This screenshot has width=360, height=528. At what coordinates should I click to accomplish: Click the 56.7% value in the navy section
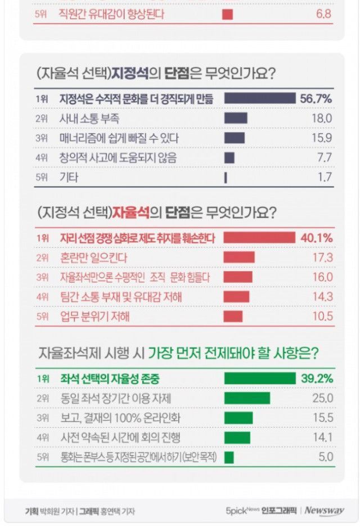316,98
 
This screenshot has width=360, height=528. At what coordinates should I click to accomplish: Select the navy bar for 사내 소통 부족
236,118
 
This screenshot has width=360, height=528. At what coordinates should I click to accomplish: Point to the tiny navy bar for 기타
226,178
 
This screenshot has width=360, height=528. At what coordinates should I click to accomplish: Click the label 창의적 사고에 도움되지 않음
118,158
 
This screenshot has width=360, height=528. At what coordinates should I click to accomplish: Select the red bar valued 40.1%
259,238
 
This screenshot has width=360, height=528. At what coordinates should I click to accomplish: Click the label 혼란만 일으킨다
93,258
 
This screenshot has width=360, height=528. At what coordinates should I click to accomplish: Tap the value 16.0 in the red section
323,277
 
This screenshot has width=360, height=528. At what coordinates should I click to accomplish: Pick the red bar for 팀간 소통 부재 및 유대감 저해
237,297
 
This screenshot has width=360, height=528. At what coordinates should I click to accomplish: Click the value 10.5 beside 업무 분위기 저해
323,317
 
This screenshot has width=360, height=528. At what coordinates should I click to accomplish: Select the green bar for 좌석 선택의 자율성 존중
259,378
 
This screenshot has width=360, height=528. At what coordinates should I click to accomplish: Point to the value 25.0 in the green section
323,398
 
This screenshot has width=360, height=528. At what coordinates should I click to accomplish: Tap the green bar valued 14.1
237,437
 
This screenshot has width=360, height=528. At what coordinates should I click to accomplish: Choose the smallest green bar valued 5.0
229,457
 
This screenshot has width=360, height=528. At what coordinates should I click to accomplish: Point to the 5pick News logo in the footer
242,511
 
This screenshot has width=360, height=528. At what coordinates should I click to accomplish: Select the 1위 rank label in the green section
43,379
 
